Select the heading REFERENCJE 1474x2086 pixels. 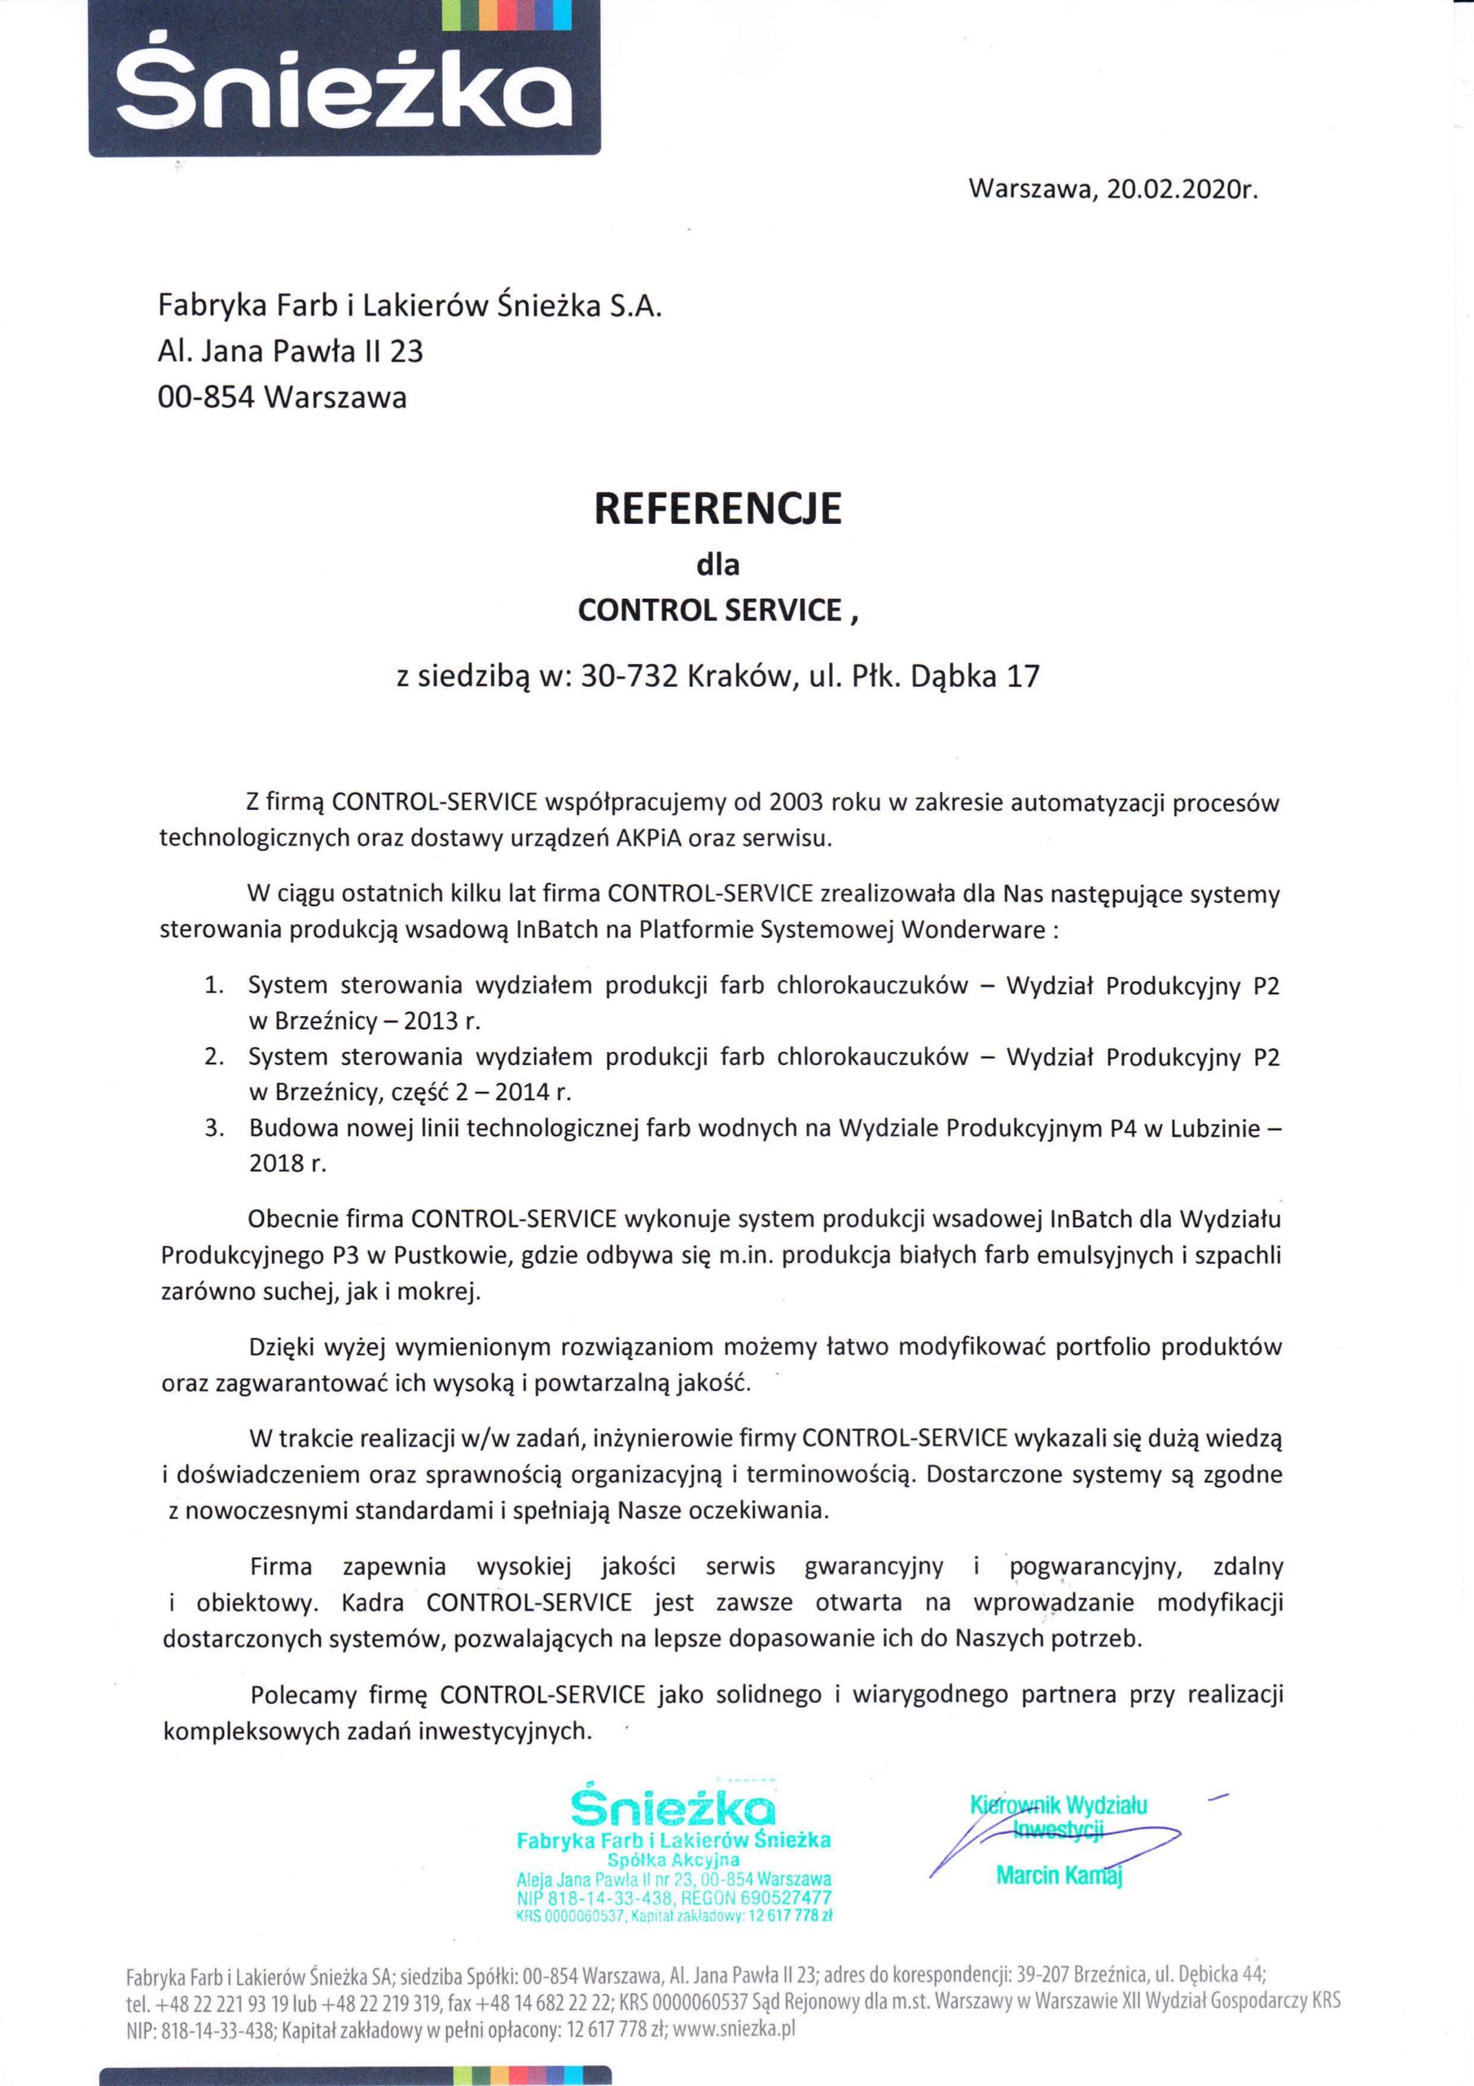coord(717,510)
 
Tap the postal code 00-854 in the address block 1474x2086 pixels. coord(204,398)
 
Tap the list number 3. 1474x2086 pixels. coord(213,1129)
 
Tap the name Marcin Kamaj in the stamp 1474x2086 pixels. coord(1059,1873)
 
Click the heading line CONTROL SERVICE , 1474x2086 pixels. coord(717,610)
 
